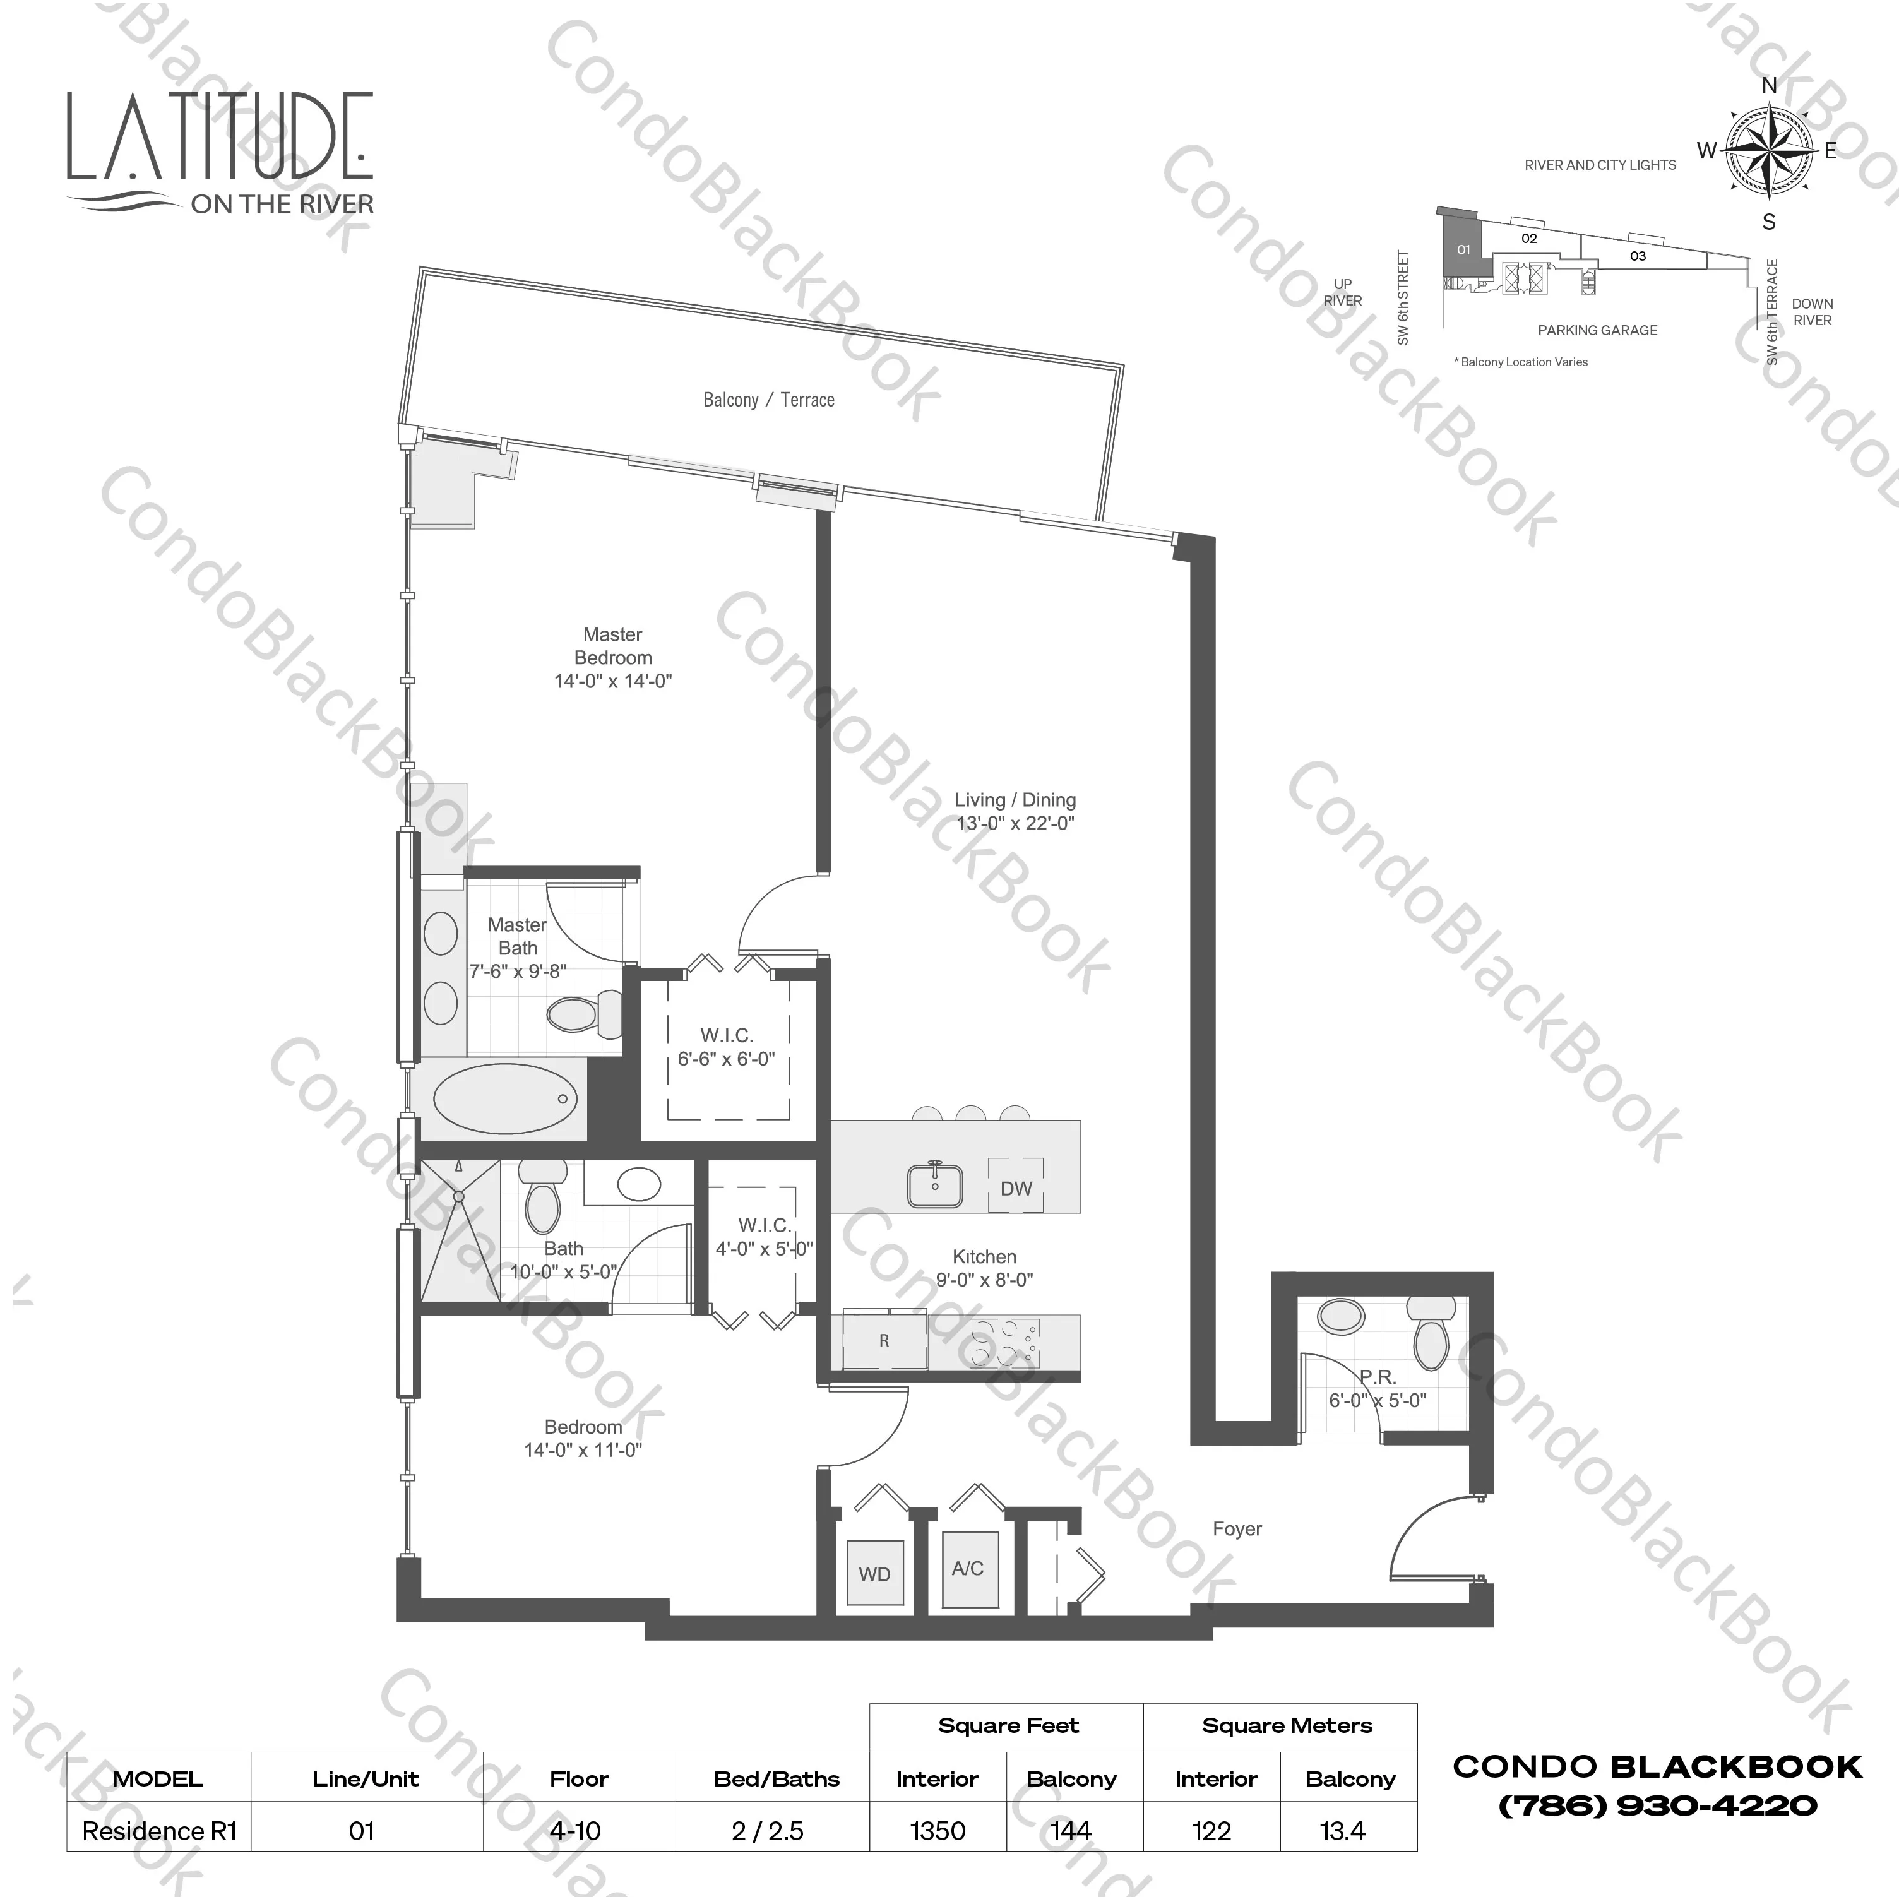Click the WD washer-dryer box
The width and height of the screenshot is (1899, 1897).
(874, 1574)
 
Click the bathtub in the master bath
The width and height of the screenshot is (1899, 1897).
(505, 1099)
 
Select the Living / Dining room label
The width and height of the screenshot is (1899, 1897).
(1015, 800)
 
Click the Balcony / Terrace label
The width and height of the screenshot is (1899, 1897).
(769, 400)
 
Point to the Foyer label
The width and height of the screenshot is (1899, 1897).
(1237, 1528)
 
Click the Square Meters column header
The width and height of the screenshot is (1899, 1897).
(1287, 1725)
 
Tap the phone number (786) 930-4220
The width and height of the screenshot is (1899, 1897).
(1657, 1805)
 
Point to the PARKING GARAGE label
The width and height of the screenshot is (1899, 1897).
(1597, 330)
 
